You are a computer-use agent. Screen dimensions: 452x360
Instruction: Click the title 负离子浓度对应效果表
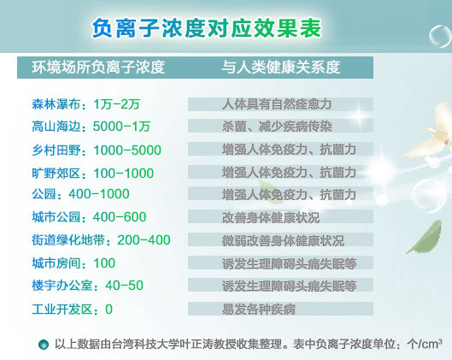pos(207,28)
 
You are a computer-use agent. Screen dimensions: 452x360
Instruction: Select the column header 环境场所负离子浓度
pos(98,68)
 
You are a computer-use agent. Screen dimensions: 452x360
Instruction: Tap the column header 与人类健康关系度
pos(281,68)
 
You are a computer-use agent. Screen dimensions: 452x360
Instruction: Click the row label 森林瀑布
pos(56,104)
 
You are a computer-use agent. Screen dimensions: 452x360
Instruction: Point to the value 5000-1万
pos(121,127)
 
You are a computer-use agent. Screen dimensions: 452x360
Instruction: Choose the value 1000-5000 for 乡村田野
pos(127,150)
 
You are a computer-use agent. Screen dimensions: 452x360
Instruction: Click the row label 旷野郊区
pos(56,173)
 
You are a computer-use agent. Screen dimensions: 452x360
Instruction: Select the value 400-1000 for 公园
pos(99,194)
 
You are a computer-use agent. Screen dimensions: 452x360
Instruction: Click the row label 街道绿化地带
pos(68,240)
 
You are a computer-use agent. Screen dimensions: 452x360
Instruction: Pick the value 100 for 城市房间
pos(104,263)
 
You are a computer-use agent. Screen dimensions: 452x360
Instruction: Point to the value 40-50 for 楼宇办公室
pos(124,286)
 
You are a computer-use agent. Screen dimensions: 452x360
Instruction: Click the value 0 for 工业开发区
pos(109,310)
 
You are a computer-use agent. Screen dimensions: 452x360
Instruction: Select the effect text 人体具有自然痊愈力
pos(277,104)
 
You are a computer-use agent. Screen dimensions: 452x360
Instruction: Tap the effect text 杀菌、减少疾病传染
pos(277,127)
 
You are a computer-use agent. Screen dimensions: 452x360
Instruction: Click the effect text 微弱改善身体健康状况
pos(283,240)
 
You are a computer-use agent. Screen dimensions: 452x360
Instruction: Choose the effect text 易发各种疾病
pos(259,310)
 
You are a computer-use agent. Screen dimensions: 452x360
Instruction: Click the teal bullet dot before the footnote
pos(44,344)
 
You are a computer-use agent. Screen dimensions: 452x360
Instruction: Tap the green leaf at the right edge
pos(425,237)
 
